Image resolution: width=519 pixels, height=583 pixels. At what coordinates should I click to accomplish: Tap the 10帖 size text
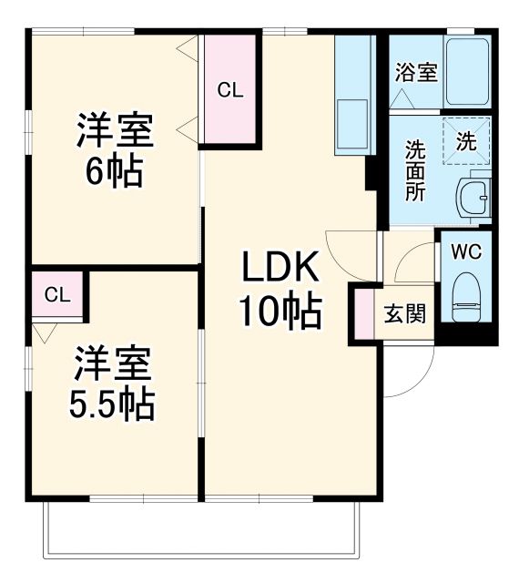[280, 312]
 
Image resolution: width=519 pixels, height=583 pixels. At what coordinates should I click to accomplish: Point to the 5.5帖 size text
[113, 403]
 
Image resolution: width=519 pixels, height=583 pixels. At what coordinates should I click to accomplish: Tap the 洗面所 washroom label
[415, 170]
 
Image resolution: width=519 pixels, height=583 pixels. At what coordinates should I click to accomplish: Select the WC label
[466, 249]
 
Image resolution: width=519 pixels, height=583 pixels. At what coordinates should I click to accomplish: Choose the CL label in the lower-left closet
[56, 294]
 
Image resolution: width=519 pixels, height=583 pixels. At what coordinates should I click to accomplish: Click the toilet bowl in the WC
[466, 297]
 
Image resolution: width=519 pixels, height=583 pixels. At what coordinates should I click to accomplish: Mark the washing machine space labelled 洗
[465, 142]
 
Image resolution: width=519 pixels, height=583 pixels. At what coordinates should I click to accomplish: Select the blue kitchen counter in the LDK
[354, 96]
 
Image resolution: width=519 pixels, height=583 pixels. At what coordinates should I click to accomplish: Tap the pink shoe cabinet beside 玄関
[364, 314]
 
